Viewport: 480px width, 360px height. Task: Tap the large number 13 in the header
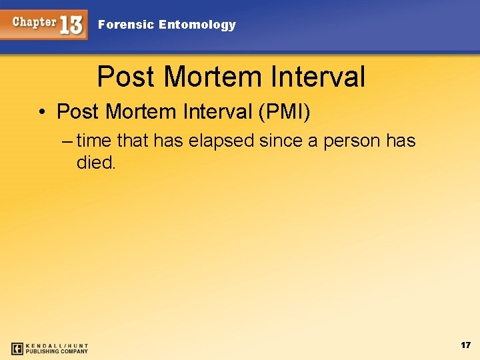pos(71,25)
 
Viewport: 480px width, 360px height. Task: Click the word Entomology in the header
pos(198,25)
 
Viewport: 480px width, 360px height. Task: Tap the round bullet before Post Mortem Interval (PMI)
pos(41,112)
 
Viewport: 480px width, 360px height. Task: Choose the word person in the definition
pos(352,141)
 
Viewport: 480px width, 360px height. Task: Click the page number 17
pos(465,345)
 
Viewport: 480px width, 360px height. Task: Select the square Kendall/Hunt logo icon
pos(17,348)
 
